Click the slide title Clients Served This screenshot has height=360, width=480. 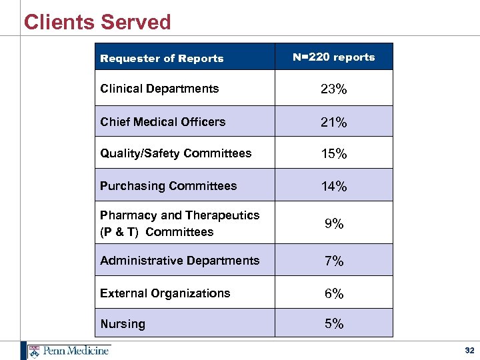click(97, 22)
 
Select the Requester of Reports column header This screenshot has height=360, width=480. click(161, 59)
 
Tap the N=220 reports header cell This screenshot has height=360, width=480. click(333, 57)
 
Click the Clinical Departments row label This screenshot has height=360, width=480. click(159, 89)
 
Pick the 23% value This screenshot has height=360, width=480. click(333, 89)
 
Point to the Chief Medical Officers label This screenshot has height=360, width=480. click(163, 122)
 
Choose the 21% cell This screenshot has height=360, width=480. click(333, 123)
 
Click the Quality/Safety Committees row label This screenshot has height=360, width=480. click(175, 153)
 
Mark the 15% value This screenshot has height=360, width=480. click(333, 154)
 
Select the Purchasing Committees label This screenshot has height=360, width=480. click(168, 186)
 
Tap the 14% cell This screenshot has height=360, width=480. click(333, 187)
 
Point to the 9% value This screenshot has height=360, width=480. click(333, 224)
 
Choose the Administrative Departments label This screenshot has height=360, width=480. click(179, 261)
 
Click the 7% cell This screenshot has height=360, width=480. click(333, 261)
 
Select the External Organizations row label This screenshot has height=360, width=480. click(165, 293)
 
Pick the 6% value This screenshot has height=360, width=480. click(333, 294)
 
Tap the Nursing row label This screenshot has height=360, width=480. click(122, 324)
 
